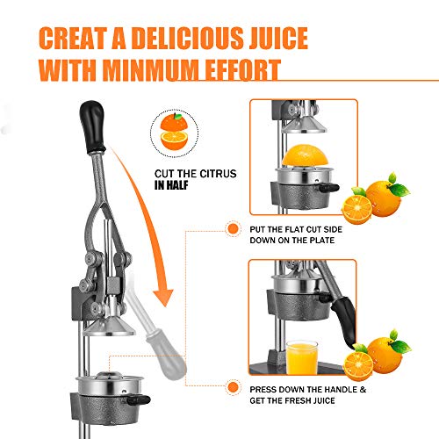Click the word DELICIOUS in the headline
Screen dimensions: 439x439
[x=188, y=38]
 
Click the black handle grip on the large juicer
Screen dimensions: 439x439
[x=92, y=127]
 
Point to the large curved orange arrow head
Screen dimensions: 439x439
[x=163, y=296]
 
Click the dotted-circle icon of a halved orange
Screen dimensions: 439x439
[x=174, y=133]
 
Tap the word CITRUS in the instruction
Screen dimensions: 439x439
[x=218, y=174]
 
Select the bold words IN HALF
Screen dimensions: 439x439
[x=171, y=185]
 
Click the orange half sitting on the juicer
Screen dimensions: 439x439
[x=305, y=155]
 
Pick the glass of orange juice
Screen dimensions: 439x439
[x=302, y=357]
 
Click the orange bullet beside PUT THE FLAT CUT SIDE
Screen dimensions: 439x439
[x=233, y=228]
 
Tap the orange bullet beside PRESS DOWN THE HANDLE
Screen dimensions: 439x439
[x=233, y=387]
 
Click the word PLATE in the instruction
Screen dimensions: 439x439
[x=322, y=241]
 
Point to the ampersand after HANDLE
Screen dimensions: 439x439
[x=363, y=390]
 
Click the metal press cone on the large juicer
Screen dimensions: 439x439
[x=109, y=326]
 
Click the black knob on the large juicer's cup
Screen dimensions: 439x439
[x=138, y=399]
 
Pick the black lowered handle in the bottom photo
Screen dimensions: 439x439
[x=344, y=322]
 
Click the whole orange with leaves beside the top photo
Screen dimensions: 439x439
[x=385, y=196]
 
